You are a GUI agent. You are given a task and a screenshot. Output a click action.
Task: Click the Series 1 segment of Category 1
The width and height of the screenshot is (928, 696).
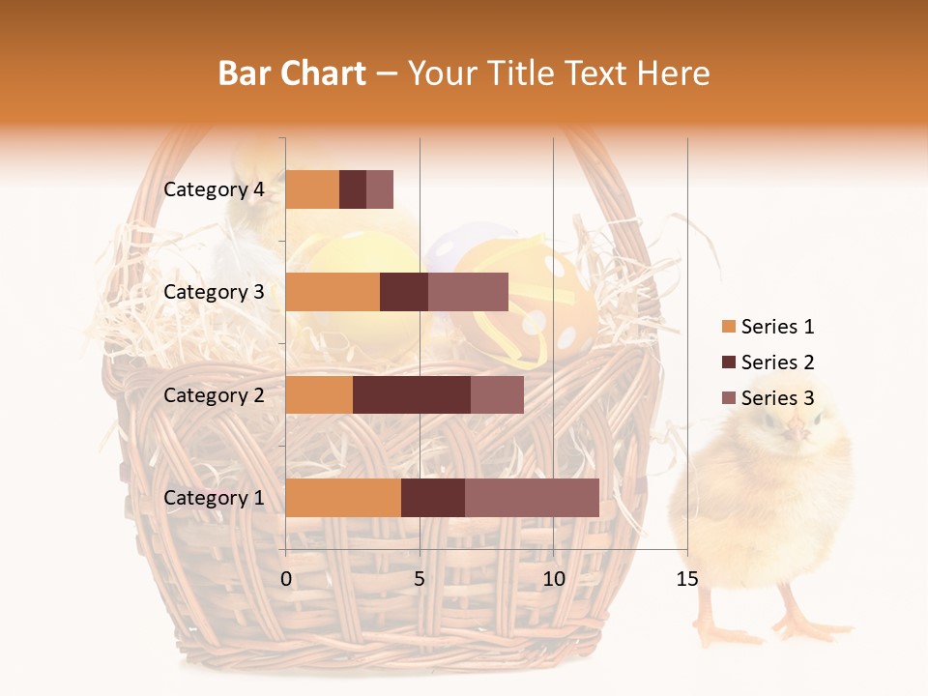pos(343,497)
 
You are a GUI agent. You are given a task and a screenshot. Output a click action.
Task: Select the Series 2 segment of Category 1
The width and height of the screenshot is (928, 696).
pos(433,497)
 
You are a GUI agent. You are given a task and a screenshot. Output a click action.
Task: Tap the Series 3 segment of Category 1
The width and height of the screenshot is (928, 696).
pos(532,497)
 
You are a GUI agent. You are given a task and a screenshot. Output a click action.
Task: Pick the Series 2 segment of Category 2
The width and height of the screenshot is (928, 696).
pos(412,394)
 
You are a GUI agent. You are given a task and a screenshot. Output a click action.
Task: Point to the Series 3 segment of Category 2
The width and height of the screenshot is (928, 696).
pos(497,394)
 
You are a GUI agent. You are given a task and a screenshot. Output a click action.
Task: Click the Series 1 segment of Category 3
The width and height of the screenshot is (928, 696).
pos(333,292)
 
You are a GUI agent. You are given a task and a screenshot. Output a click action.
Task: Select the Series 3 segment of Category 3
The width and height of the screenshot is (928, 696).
pos(468,292)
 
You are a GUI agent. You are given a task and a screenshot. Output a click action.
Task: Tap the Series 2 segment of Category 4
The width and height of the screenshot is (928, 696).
pos(353,189)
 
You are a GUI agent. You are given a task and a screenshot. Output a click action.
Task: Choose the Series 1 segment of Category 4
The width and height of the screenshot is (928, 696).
pos(312,189)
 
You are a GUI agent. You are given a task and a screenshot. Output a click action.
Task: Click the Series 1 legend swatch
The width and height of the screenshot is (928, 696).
pos(728,327)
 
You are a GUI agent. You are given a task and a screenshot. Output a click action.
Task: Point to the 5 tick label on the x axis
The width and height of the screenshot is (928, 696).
pos(420,579)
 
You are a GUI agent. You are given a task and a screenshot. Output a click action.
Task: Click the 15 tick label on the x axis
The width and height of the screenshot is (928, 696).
pos(686,579)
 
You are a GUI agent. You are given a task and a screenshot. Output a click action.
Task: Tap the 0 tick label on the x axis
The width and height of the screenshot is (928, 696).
pos(286,579)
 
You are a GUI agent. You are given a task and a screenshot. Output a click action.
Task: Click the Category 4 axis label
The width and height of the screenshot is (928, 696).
pos(214,189)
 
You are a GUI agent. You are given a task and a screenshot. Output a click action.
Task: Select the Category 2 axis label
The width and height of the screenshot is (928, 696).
pos(214,394)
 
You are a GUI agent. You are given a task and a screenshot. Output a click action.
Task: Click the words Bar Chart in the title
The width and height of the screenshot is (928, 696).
pos(292,73)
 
